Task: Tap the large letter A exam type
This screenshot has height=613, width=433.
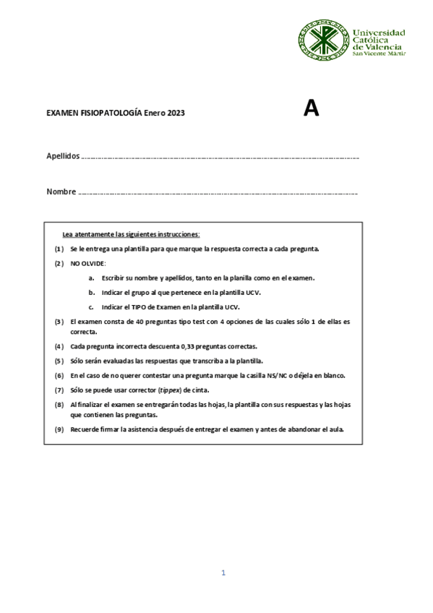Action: (311, 108)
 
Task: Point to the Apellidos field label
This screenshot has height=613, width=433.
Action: (63, 156)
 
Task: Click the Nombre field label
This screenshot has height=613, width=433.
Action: (61, 192)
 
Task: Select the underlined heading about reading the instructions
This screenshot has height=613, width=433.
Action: (131, 234)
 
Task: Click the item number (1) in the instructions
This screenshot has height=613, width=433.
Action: (59, 249)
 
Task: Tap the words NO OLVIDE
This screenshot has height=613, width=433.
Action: (87, 263)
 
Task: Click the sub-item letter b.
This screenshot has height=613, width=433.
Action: (92, 292)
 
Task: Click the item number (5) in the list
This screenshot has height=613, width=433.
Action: (59, 361)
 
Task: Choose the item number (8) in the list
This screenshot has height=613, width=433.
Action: (59, 404)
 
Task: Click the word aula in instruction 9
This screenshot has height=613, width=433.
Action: (336, 429)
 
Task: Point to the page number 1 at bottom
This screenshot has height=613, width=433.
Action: (223, 573)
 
